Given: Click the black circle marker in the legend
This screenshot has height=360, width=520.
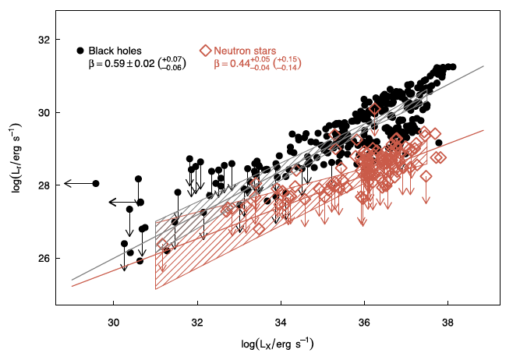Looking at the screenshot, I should [x=80, y=51].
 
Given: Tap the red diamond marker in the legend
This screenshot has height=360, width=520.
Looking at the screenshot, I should [x=205, y=51].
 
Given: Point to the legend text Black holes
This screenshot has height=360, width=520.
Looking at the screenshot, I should [x=115, y=51].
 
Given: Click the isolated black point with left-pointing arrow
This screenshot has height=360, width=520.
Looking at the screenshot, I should [x=96, y=183].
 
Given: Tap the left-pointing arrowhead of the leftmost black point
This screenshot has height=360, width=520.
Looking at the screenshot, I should [x=67, y=183].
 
